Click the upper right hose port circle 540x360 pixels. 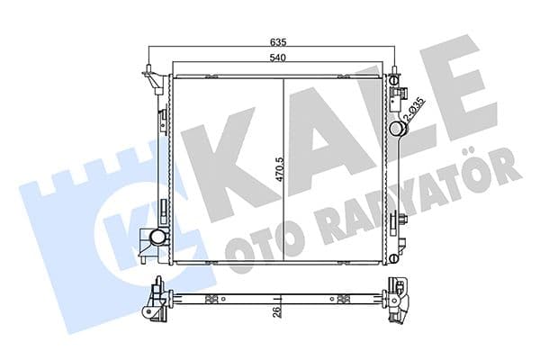[396, 129]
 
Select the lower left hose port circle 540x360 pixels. [158, 238]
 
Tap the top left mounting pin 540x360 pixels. [147, 71]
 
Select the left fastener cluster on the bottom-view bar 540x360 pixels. [212, 299]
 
